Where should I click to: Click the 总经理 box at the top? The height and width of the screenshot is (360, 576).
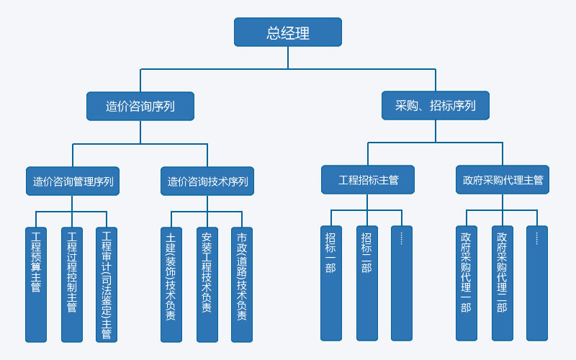287,32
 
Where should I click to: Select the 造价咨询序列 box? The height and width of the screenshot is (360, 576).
140,106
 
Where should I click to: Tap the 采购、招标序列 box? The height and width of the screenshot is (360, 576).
435,105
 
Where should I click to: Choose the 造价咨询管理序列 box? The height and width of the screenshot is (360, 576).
73,181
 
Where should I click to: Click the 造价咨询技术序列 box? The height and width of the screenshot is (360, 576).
207,181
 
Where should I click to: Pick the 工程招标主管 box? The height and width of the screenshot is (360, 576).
368,180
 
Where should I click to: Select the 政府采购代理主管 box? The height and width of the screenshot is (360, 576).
503,180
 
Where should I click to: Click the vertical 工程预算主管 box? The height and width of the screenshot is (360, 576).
36,284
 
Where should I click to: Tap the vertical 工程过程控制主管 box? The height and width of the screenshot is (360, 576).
72,284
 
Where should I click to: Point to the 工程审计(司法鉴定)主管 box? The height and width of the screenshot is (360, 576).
107,284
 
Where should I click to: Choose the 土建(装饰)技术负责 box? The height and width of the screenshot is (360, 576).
171,284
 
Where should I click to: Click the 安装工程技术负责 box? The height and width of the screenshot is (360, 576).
207,284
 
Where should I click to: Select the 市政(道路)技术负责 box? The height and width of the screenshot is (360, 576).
242,284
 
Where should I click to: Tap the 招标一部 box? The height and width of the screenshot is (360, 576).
331,283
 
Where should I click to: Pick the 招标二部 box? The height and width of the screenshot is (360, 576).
366,283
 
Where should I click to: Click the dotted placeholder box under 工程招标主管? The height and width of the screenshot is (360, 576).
402,283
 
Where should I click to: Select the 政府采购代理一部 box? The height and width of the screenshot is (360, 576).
467,283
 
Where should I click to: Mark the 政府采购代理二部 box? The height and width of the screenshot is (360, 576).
502,283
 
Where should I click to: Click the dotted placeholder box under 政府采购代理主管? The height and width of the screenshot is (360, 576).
537,283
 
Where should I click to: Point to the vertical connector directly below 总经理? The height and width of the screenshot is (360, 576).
288,58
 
